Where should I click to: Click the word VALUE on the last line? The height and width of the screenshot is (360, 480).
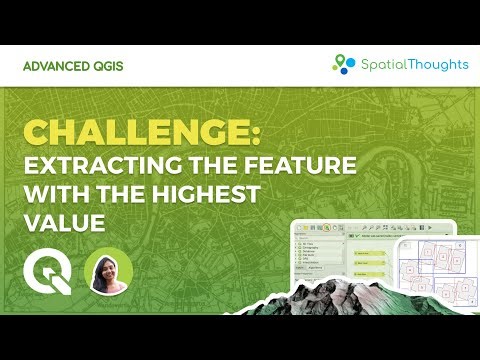(x=65, y=222)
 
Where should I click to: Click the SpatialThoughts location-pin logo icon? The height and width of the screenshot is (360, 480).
(x=344, y=64)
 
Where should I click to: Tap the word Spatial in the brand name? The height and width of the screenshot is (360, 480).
(x=381, y=64)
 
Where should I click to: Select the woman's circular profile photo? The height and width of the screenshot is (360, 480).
(x=109, y=271)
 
